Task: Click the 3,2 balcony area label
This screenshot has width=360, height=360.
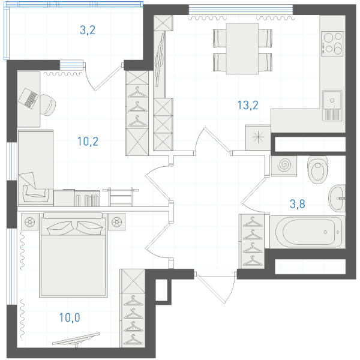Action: tap(88, 30)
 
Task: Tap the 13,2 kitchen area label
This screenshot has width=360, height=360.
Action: tap(248, 105)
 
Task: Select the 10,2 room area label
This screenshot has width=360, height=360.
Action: tap(88, 142)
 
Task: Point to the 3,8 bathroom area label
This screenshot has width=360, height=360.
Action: tap(298, 204)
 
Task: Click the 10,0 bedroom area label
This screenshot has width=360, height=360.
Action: tap(70, 317)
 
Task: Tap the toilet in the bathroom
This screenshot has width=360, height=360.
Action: tap(318, 169)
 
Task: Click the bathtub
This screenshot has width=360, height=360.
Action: tap(307, 232)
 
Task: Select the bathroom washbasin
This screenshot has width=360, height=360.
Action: tap(337, 199)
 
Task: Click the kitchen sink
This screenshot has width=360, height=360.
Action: tap(332, 106)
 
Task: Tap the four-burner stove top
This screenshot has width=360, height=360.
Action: tap(332, 44)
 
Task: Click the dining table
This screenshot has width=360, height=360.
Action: tap(242, 49)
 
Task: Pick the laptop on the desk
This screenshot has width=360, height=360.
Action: tap(28, 98)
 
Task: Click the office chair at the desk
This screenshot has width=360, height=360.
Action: tap(48, 105)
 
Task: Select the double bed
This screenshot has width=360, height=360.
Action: tap(73, 254)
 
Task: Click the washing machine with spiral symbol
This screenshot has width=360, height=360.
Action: tap(284, 166)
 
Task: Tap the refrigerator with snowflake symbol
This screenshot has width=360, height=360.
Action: tap(258, 137)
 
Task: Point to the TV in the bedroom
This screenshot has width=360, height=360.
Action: tap(76, 340)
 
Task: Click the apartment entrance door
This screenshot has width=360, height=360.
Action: tap(215, 287)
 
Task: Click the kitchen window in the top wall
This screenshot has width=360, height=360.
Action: tap(241, 10)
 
